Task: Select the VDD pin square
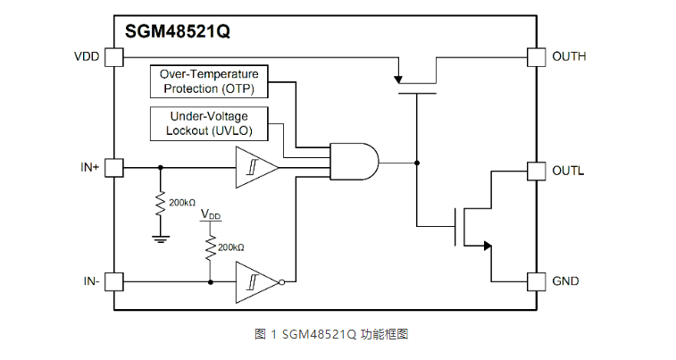tap(113, 57)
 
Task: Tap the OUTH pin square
tap(536, 57)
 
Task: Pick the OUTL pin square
tap(536, 170)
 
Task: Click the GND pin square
tap(536, 281)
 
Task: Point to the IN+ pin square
tap(113, 167)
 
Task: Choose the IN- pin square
tap(113, 281)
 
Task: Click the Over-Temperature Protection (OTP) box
tap(209, 81)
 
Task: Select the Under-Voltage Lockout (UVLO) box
tap(209, 123)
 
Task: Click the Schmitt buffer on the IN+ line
tap(255, 167)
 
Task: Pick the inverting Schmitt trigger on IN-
tap(257, 281)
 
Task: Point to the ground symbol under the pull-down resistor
tap(161, 239)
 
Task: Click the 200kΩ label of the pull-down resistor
tap(182, 203)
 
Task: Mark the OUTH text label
tap(570, 57)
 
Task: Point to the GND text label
tap(566, 281)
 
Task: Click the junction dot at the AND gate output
tap(416, 163)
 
